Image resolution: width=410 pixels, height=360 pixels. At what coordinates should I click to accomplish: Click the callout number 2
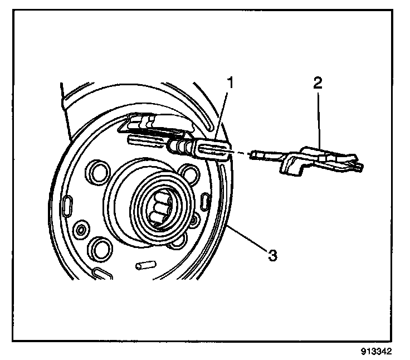(317, 84)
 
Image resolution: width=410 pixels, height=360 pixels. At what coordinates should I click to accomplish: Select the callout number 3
(271, 256)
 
